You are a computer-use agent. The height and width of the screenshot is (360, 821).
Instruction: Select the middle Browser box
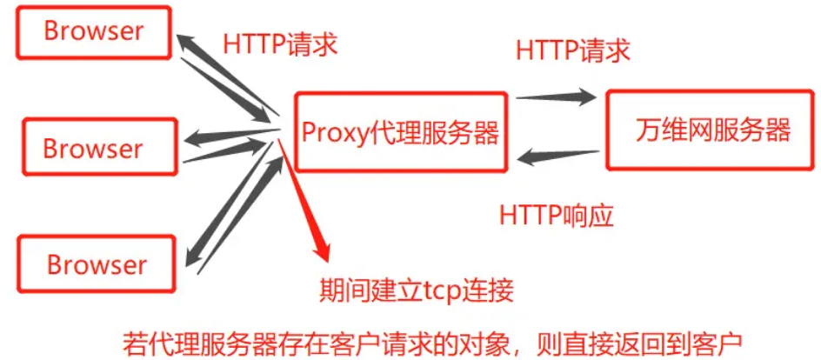tap(93, 149)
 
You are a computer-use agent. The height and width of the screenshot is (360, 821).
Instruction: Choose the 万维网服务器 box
tap(711, 130)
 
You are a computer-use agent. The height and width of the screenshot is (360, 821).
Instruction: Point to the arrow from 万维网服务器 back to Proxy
tap(561, 157)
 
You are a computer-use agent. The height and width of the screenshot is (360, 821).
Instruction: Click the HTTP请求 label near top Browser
tap(279, 44)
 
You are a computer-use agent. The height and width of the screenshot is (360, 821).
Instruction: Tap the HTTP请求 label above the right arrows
tap(572, 50)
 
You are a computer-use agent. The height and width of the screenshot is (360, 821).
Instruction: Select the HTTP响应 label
tap(557, 215)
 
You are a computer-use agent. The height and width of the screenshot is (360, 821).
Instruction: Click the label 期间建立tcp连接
tap(417, 288)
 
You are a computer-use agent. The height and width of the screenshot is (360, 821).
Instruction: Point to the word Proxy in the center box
tap(332, 133)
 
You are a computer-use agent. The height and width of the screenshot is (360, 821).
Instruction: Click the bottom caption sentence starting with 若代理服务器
tap(436, 341)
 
